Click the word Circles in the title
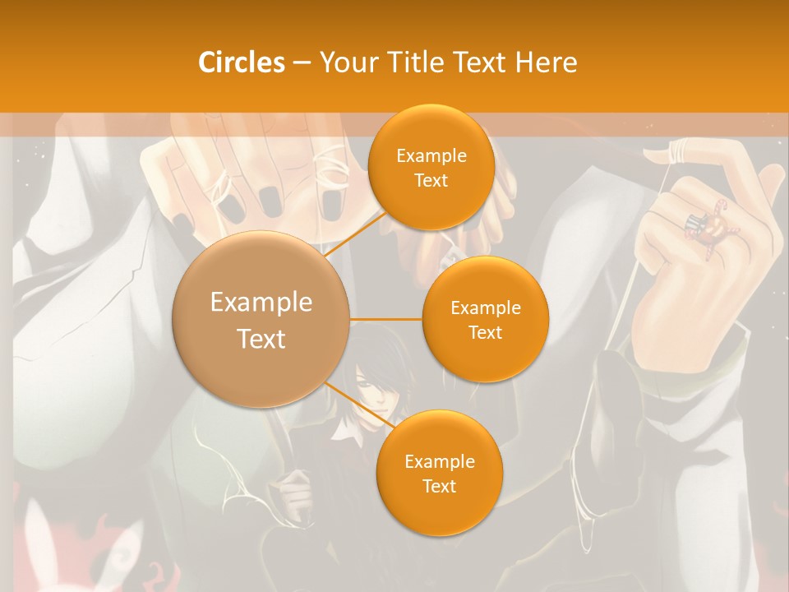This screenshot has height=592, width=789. (x=241, y=62)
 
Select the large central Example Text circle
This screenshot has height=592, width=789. (x=261, y=319)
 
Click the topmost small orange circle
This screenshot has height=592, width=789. (x=431, y=167)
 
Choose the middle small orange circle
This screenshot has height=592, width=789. (x=485, y=319)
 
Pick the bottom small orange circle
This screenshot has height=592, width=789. (x=439, y=473)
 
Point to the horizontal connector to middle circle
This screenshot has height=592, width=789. (x=386, y=319)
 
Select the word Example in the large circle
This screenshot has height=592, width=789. (x=261, y=303)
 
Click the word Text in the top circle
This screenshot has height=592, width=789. (x=431, y=180)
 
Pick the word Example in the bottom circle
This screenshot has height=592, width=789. (x=439, y=461)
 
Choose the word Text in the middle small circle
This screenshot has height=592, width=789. (x=485, y=332)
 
